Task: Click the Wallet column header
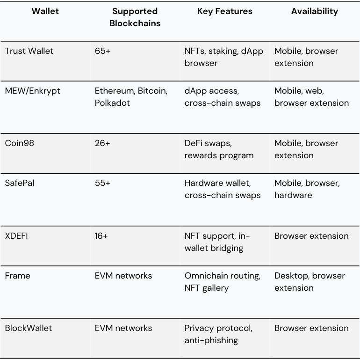(x=45, y=11)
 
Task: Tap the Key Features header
(x=224, y=11)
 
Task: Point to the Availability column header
(x=315, y=11)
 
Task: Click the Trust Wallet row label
(x=29, y=51)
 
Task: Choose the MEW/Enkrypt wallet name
(x=32, y=91)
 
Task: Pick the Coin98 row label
(x=20, y=143)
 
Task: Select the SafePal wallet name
(x=20, y=183)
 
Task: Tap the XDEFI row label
(x=16, y=236)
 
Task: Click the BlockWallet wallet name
(x=29, y=328)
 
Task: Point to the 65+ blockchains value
(x=103, y=51)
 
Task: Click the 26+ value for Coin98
(x=102, y=143)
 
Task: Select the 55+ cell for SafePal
(x=103, y=183)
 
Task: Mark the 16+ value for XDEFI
(x=101, y=236)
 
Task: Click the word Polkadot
(x=112, y=103)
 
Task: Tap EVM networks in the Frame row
(x=123, y=276)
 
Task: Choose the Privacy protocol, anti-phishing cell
(x=218, y=334)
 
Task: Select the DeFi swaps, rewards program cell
(x=219, y=149)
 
